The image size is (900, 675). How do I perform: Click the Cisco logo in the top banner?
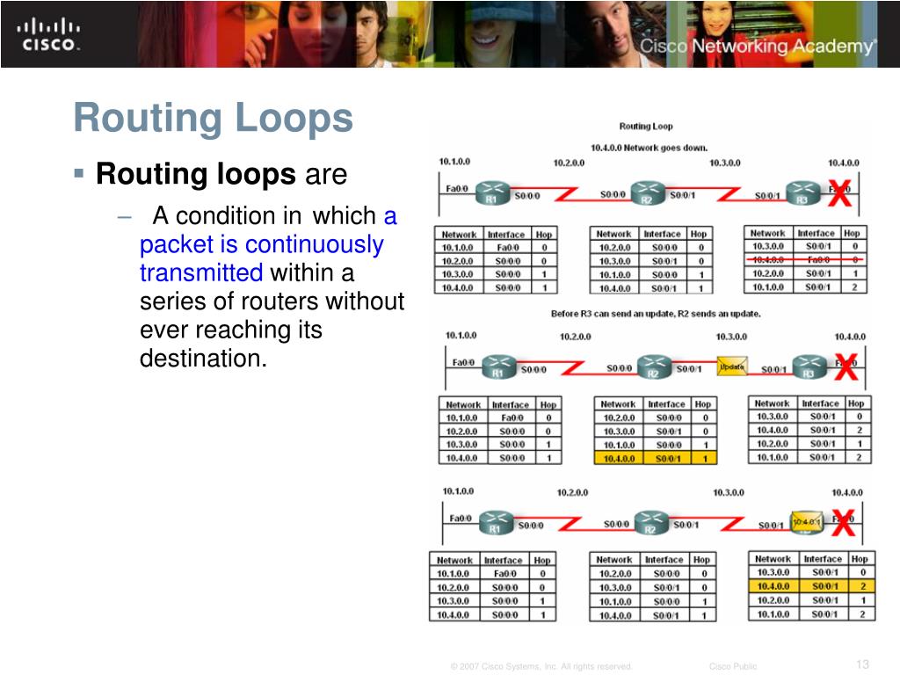pos(49,34)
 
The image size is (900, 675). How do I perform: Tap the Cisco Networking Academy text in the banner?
pos(757,47)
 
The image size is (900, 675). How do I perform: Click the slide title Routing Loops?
pos(214,119)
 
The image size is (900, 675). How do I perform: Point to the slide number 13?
pos(861,664)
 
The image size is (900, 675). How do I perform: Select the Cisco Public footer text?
pos(732,666)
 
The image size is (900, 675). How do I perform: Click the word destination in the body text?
pos(202,359)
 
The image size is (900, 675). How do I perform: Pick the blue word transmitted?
pos(201,272)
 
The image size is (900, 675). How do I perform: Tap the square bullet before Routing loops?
pos(80,173)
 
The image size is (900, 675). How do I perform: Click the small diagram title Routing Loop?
pos(646,127)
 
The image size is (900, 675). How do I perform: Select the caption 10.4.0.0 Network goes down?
pos(646,147)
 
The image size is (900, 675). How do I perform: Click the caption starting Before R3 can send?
pos(656,314)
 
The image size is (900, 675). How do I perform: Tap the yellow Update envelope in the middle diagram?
pos(732,366)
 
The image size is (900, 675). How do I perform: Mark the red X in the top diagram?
pos(839,194)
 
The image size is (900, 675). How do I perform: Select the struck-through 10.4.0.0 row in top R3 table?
pos(805,260)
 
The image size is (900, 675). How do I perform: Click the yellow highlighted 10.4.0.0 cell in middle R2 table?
pos(618,458)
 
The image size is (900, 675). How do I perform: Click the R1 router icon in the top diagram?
pos(493,192)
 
